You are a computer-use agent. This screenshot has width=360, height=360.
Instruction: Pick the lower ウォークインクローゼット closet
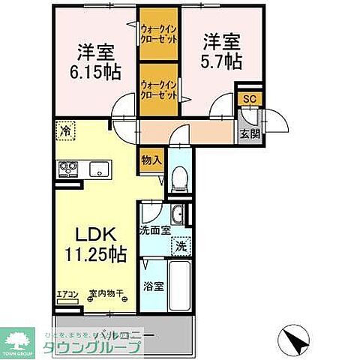(157, 90)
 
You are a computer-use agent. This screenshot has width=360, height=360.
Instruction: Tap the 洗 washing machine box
(181, 244)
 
